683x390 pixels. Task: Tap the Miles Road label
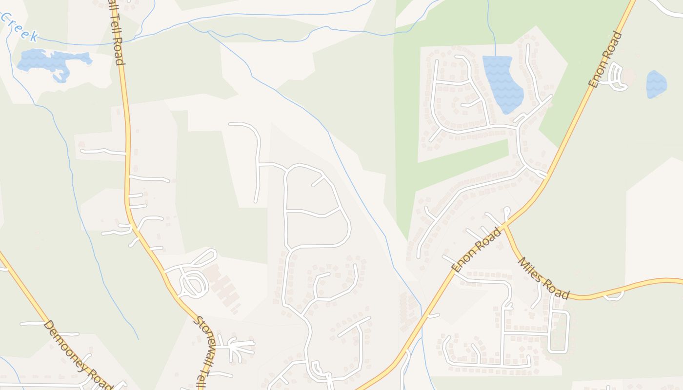click(542, 278)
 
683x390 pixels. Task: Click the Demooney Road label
click(78, 355)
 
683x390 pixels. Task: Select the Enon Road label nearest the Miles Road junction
click(476, 250)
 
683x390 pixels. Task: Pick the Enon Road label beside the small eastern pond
click(605, 59)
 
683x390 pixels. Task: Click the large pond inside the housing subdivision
click(502, 83)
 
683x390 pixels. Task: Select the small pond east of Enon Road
click(656, 84)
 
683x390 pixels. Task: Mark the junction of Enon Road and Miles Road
click(505, 226)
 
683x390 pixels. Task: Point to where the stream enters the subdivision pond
click(495, 56)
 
